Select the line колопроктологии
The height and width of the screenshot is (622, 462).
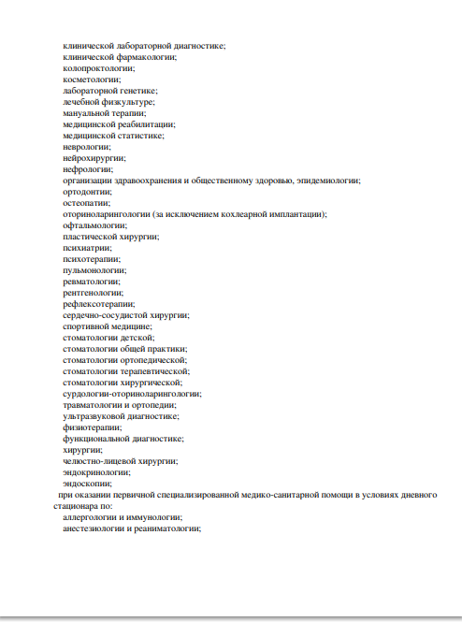coord(99,68)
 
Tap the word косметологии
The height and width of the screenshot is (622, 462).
coord(92,80)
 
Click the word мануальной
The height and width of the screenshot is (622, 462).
coord(87,113)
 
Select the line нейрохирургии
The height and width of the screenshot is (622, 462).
coord(94,158)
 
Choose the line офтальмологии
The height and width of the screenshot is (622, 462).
coord(94,225)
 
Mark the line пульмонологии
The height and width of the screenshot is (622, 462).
coord(94,269)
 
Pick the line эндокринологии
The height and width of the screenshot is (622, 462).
coord(96,471)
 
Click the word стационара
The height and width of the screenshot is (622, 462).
coord(76,505)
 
